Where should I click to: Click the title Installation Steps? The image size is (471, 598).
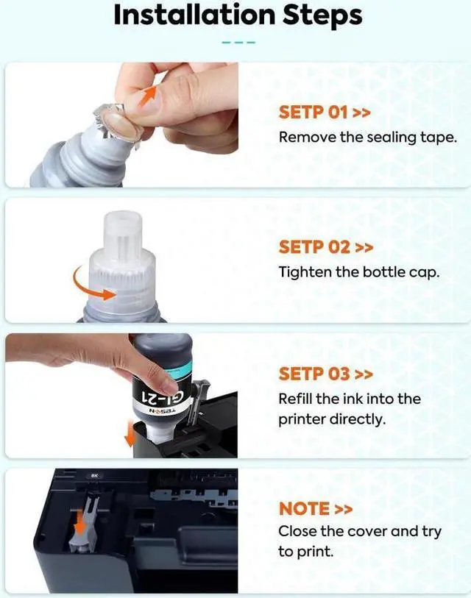click(237, 15)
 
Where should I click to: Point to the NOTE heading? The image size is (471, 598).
click(305, 508)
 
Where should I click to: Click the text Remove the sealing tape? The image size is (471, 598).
click(367, 138)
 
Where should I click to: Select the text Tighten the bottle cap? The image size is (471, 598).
click(359, 272)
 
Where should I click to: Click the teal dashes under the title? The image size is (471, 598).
click(237, 42)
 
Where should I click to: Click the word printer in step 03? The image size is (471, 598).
click(301, 420)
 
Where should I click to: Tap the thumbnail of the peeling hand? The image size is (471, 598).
click(122, 125)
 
